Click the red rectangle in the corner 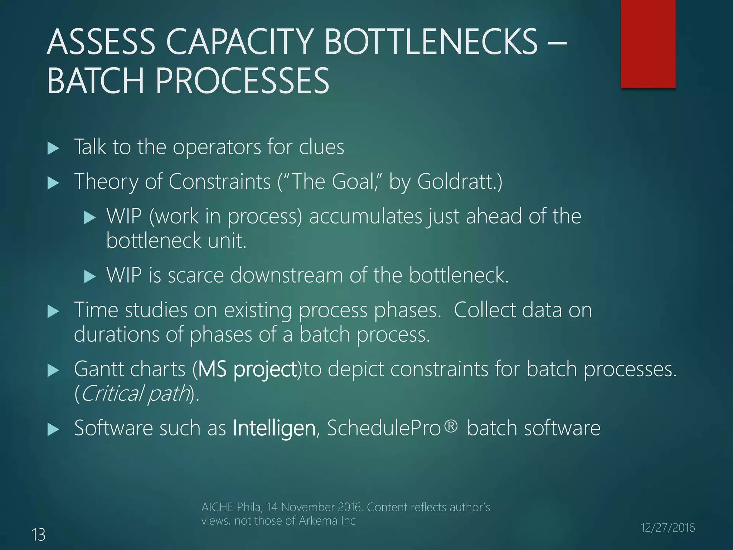click(648, 44)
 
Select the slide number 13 click(39, 535)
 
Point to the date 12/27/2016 click(668, 527)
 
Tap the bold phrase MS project click(247, 369)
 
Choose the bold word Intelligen click(274, 428)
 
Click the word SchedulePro click(384, 428)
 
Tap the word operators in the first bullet click(217, 147)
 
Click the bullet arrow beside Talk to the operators click(53, 148)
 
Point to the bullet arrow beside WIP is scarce click(90, 276)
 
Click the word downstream click(287, 275)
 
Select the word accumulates click(365, 217)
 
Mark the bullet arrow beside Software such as click(53, 429)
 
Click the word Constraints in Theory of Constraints click(219, 182)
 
